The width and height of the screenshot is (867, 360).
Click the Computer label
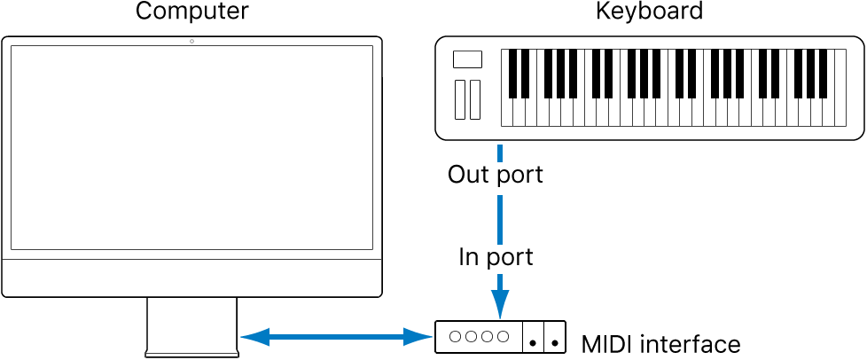[x=191, y=12]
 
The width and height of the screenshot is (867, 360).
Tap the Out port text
[x=496, y=175]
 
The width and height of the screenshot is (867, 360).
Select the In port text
[x=496, y=257]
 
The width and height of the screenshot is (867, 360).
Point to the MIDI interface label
[x=660, y=343]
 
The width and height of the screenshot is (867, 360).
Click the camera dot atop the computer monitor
[x=191, y=42]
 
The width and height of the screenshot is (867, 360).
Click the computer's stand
[x=191, y=326]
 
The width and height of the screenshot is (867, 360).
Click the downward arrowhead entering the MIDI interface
[x=501, y=306]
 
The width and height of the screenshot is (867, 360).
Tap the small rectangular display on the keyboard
[x=467, y=59]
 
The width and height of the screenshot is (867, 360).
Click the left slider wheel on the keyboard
[x=459, y=99]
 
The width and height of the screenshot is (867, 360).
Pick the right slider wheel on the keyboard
[x=475, y=99]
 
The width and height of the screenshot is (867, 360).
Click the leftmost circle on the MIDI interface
[x=455, y=337]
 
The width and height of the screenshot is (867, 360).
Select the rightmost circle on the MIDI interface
[x=504, y=337]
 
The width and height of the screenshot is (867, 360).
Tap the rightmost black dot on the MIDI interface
[x=555, y=341]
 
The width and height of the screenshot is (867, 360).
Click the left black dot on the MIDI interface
[x=533, y=341]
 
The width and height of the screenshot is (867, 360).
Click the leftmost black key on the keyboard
[x=513, y=73]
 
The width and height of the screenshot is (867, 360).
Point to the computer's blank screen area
[x=191, y=147]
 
